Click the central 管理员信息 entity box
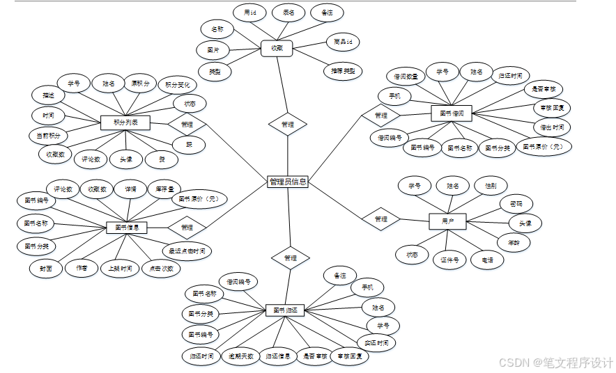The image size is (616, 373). pyautogui.click(x=287, y=182)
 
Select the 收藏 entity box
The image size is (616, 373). pyautogui.click(x=277, y=48)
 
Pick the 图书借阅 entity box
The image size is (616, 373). pyautogui.click(x=452, y=113)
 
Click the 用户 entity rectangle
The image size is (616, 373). pyautogui.click(x=447, y=221)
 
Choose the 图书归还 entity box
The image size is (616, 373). pyautogui.click(x=286, y=310)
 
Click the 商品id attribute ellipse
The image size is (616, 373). pyautogui.click(x=346, y=42)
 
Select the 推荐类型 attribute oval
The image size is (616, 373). pyautogui.click(x=342, y=71)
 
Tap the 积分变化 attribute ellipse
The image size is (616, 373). pyautogui.click(x=177, y=85)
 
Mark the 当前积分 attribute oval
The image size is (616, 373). pyautogui.click(x=49, y=135)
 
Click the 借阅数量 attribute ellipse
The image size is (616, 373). pyautogui.click(x=406, y=76)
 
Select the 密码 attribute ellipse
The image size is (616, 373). pyautogui.click(x=516, y=204)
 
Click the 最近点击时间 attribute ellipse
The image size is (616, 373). pyautogui.click(x=187, y=251)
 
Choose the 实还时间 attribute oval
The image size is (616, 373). pyautogui.click(x=376, y=342)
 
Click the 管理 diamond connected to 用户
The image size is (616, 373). pyautogui.click(x=380, y=219)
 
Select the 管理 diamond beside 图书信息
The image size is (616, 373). pyautogui.click(x=187, y=227)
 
